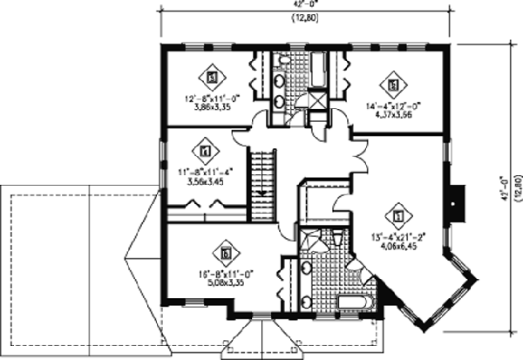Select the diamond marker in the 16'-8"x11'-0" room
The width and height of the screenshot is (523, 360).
click(227, 252)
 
